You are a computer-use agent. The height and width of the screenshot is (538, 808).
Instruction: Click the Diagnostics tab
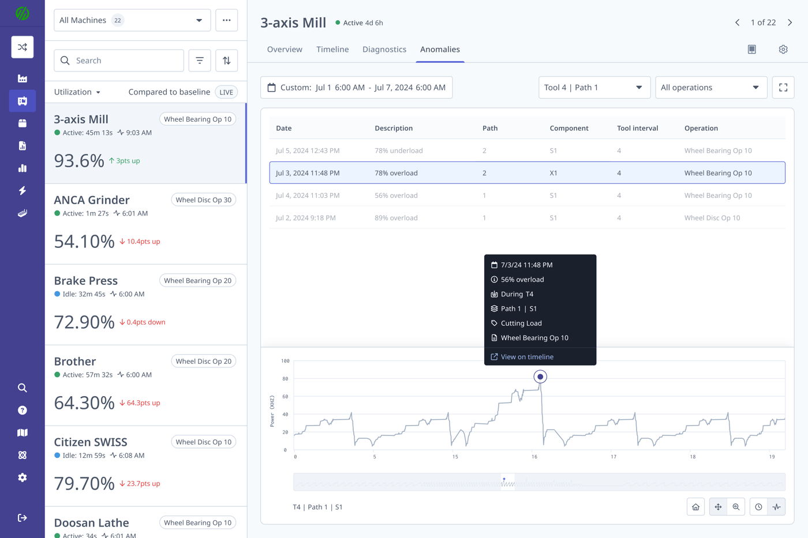tap(384, 50)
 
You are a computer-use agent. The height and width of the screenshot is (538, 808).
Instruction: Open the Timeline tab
tap(332, 50)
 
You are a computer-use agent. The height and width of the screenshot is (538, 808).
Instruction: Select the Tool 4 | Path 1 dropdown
tap(594, 88)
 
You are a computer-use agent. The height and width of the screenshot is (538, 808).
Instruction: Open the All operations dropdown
tap(710, 88)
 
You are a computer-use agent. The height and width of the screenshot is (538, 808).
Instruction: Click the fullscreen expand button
tap(783, 88)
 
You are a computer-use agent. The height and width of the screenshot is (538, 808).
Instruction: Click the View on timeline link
tap(526, 357)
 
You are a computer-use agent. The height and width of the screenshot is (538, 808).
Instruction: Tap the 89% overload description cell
tap(396, 218)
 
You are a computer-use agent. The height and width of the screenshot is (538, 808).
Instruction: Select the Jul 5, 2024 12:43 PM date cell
tap(308, 151)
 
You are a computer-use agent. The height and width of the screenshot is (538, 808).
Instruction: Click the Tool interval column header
tap(637, 128)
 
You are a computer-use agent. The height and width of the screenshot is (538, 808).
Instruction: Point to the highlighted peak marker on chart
tap(540, 377)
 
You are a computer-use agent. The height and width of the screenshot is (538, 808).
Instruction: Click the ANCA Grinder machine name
tap(92, 200)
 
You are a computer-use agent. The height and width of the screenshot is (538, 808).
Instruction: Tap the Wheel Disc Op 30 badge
tap(203, 200)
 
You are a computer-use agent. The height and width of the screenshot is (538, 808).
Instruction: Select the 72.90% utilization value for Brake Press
tap(84, 322)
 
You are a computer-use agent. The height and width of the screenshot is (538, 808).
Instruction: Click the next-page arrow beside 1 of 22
tap(790, 22)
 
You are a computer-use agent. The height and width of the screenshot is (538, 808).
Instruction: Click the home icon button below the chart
tap(695, 507)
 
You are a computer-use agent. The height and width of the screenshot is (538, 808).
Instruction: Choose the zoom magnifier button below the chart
tap(736, 507)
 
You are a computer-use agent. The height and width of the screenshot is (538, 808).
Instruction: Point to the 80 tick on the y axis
tap(285, 379)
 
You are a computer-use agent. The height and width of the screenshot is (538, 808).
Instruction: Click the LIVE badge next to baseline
tap(226, 92)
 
